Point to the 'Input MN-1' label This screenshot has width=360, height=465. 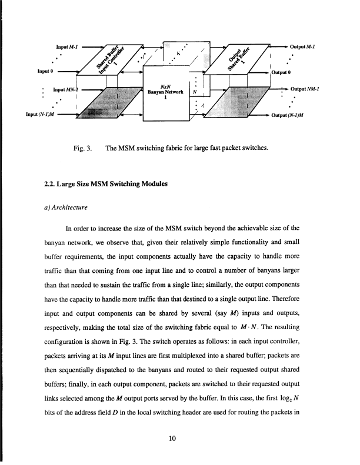click(x=66, y=90)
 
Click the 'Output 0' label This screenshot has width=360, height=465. click(x=282, y=73)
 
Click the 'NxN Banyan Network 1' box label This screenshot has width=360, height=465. click(x=166, y=93)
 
